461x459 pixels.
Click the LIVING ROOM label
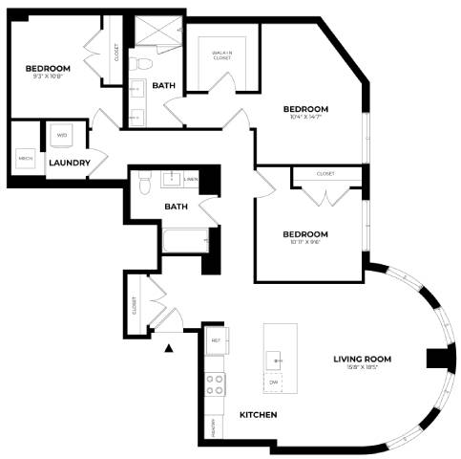coord(363,359)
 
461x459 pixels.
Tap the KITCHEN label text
coord(258,415)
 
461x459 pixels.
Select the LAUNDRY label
coord(70,163)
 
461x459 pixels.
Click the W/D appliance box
coord(62,136)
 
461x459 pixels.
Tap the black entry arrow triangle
coord(170,348)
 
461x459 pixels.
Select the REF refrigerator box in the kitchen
coord(216,340)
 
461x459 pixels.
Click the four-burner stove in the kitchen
coord(216,384)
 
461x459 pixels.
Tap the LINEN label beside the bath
coord(192,179)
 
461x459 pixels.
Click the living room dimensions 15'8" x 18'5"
coord(363,368)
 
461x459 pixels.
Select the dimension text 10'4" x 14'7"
coord(305,118)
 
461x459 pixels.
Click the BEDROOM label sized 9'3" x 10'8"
coord(48,69)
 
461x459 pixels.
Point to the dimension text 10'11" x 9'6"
coord(305,243)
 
